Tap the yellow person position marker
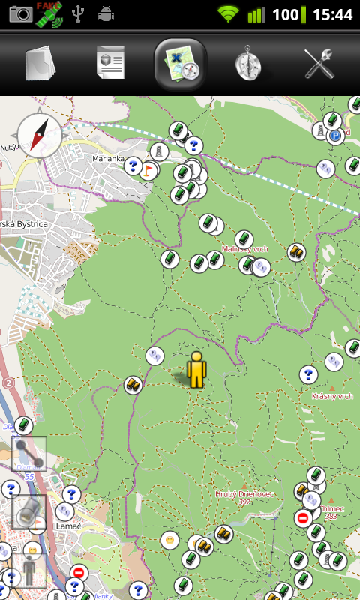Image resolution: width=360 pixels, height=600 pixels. pos(196,370)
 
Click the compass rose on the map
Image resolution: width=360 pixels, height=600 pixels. pos(39,135)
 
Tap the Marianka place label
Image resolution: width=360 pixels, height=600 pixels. pos(107,159)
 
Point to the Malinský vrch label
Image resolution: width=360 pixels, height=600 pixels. pos(244,248)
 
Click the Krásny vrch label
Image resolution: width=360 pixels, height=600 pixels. pos(332,395)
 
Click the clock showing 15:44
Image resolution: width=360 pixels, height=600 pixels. pos(332,14)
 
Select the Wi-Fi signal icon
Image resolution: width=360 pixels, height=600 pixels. pos(228,13)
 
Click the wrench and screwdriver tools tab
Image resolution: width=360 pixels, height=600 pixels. pos(319,64)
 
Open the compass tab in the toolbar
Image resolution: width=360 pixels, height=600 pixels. pos(248,64)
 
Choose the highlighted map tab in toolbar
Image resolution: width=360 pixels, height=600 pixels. pos(180,64)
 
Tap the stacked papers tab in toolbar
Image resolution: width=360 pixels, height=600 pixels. pos(40,64)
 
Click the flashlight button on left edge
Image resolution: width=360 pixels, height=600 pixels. pos(29,512)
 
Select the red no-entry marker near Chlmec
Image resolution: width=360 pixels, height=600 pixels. pos(303,517)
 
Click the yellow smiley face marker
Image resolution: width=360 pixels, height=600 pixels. pos(170,539)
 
